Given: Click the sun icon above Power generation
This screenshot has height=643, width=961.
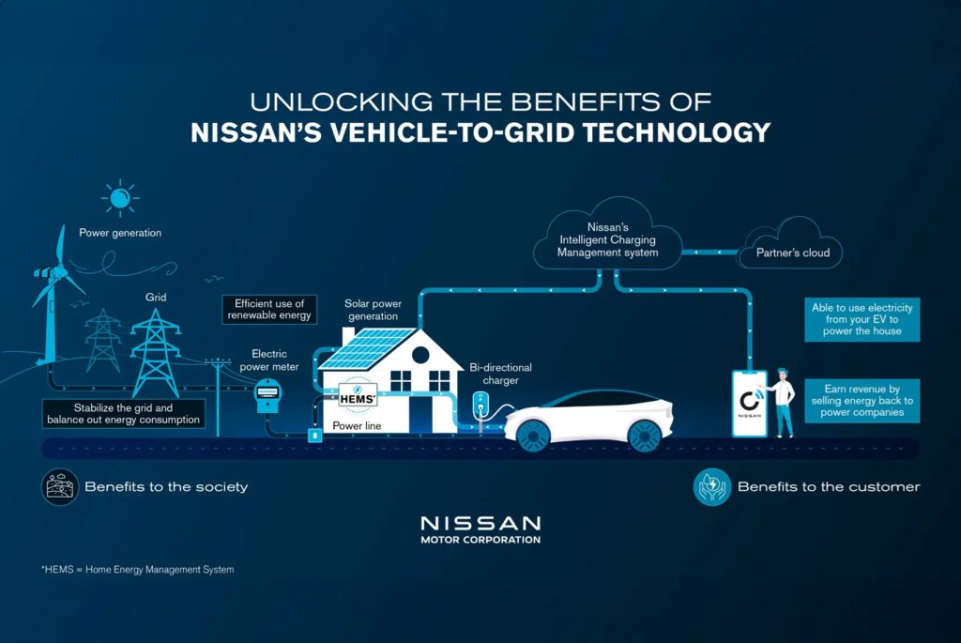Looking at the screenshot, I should click(x=119, y=198).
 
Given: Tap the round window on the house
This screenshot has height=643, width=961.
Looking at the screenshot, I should click(x=419, y=355).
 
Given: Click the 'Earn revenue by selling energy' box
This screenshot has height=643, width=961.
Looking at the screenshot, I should click(x=862, y=400).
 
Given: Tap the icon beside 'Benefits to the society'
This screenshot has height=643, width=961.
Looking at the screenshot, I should click(x=58, y=486).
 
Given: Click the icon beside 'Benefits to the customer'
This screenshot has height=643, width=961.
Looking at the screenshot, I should click(x=710, y=486).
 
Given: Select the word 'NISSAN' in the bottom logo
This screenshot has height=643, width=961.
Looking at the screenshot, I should click(x=480, y=523).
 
